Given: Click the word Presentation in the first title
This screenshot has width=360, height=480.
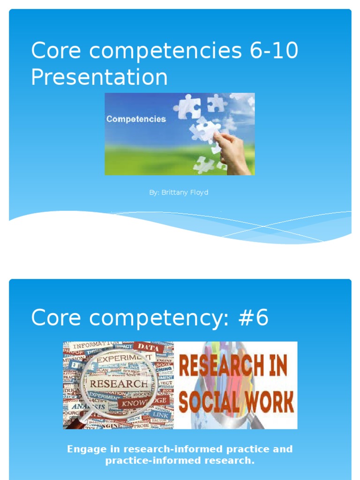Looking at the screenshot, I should pyautogui.click(x=99, y=77).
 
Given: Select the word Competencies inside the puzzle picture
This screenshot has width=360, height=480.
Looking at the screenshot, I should pyautogui.click(x=136, y=119).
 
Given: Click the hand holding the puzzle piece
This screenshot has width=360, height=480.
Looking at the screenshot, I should pyautogui.click(x=233, y=153).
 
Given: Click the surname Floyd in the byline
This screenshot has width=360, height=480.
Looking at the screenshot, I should pyautogui.click(x=200, y=193).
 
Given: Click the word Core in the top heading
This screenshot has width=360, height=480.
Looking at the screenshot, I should pyautogui.click(x=56, y=51).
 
